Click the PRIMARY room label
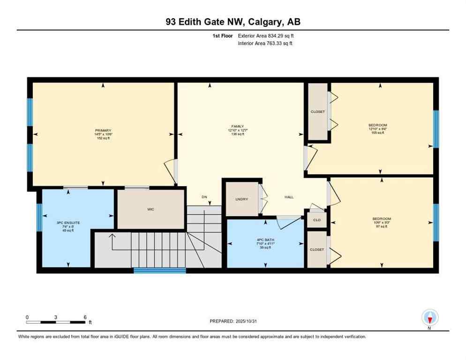pyautogui.click(x=103, y=130)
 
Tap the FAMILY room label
pyautogui.click(x=238, y=126)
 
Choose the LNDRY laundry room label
pyautogui.click(x=242, y=199)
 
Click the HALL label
pyautogui.click(x=289, y=197)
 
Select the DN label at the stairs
pyautogui.click(x=204, y=197)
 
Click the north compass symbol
pyautogui.click(x=429, y=318)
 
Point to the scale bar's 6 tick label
pyautogui.click(x=85, y=317)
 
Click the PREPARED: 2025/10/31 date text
pyautogui.click(x=233, y=321)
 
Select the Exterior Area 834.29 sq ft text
pyautogui.click(x=266, y=36)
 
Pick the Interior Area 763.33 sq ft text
pyautogui.click(x=266, y=44)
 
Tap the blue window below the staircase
pyautogui.click(x=159, y=270)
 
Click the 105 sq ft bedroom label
pyautogui.click(x=377, y=133)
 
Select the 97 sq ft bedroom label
pyautogui.click(x=382, y=227)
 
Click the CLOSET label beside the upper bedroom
pyautogui.click(x=317, y=112)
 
